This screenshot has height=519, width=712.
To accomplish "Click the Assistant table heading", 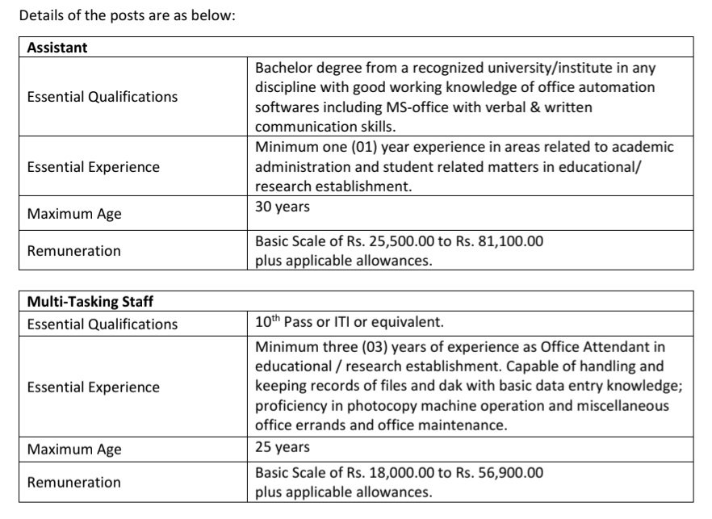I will pyautogui.click(x=57, y=47).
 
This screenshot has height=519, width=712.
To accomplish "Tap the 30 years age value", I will pyautogui.click(x=283, y=207).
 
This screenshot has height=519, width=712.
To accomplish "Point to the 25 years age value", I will pyautogui.click(x=283, y=446).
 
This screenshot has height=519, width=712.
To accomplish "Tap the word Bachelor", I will pyautogui.click(x=282, y=67).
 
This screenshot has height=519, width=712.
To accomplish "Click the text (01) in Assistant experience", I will pyautogui.click(x=358, y=148).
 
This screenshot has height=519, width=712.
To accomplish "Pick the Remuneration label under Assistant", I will pyautogui.click(x=73, y=251).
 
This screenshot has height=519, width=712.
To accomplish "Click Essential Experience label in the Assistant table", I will pyautogui.click(x=94, y=167).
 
